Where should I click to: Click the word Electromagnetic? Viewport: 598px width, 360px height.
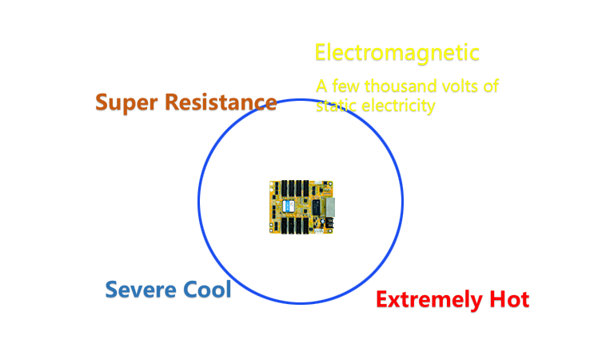click(x=397, y=53)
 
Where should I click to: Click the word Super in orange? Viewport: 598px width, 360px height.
click(x=126, y=102)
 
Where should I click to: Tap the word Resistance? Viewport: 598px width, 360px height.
click(x=221, y=102)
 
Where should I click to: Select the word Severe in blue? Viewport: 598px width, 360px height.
click(x=141, y=290)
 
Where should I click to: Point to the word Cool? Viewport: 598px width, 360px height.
click(x=207, y=289)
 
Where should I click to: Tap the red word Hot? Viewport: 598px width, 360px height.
click(x=509, y=299)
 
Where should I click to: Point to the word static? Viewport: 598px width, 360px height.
click(x=337, y=106)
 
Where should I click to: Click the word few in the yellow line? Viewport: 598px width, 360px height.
click(x=345, y=86)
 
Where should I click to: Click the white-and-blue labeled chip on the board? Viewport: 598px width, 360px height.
click(x=289, y=206)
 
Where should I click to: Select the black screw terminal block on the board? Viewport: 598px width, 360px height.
click(x=329, y=223)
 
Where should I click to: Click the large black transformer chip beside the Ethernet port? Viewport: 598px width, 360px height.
click(x=317, y=207)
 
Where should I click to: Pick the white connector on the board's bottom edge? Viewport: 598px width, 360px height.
click(x=318, y=230)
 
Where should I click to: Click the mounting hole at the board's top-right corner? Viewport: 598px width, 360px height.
click(x=330, y=184)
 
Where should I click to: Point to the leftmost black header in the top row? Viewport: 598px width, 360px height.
click(x=284, y=189)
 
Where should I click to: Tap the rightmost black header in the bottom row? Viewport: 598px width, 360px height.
click(x=306, y=226)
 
